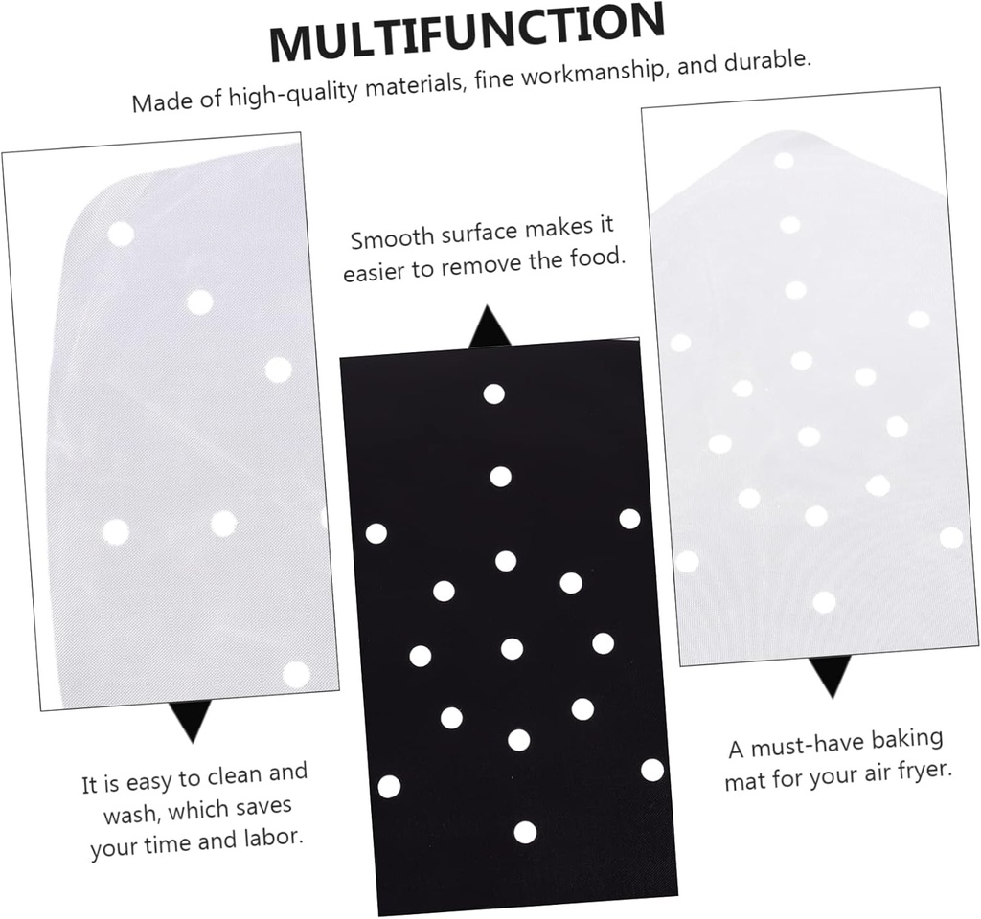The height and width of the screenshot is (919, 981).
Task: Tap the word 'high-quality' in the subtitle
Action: (x=293, y=91)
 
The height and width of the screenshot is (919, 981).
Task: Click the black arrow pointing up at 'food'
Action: (x=490, y=327)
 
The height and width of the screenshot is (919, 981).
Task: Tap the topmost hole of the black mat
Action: (x=493, y=393)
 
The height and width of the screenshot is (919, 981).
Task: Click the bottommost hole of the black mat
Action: (x=525, y=832)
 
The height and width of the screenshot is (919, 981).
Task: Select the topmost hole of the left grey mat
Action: (x=121, y=234)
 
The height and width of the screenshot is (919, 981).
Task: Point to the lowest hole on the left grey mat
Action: (x=296, y=674)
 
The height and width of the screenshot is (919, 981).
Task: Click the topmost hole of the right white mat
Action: (x=784, y=160)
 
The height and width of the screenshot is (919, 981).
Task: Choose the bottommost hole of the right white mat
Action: (x=824, y=601)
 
